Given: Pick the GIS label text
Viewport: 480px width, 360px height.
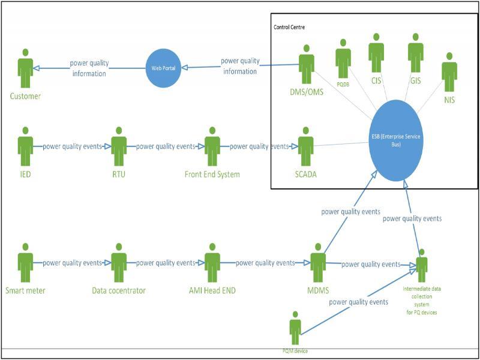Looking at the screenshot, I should [x=416, y=79].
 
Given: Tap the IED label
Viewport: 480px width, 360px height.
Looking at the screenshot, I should [x=25, y=174].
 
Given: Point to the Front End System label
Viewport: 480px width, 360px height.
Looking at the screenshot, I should [x=212, y=174].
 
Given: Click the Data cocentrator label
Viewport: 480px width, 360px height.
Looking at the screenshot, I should [x=119, y=290].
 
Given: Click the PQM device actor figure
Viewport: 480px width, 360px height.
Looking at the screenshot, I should [x=295, y=328].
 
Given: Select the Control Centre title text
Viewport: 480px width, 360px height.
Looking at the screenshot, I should [x=289, y=28].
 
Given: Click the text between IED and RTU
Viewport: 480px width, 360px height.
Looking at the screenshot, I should [x=72, y=146].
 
